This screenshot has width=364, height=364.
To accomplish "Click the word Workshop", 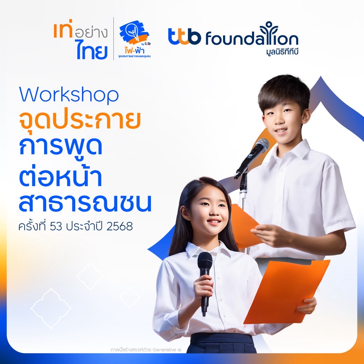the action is click(69, 95).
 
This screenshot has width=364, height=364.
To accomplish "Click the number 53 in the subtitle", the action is click(56, 226).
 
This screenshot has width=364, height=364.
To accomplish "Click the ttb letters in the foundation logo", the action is click(184, 36).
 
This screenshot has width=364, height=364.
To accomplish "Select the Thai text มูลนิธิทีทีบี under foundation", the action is click(282, 51).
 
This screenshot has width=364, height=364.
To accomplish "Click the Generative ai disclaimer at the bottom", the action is click(146, 350).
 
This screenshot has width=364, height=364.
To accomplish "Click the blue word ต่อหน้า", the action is click(61, 177).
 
